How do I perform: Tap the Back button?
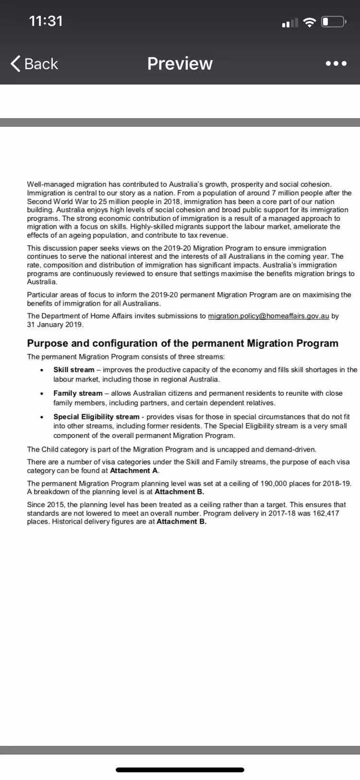tap(34, 63)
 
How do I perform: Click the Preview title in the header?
tap(180, 63)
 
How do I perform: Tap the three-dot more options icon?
tap(336, 64)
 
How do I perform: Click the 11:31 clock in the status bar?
tap(46, 21)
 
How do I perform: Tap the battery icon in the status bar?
tap(334, 22)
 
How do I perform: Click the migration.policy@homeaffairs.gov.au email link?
tap(268, 316)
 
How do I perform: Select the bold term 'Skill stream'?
tap(74, 370)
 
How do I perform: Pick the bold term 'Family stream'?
tap(78, 393)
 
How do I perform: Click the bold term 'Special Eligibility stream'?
tap(96, 417)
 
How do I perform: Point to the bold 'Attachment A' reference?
tap(134, 471)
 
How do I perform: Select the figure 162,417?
tap(325, 513)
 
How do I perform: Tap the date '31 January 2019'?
tap(55, 325)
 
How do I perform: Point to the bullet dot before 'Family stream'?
tap(43, 394)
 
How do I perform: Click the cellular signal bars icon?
tap(290, 22)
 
